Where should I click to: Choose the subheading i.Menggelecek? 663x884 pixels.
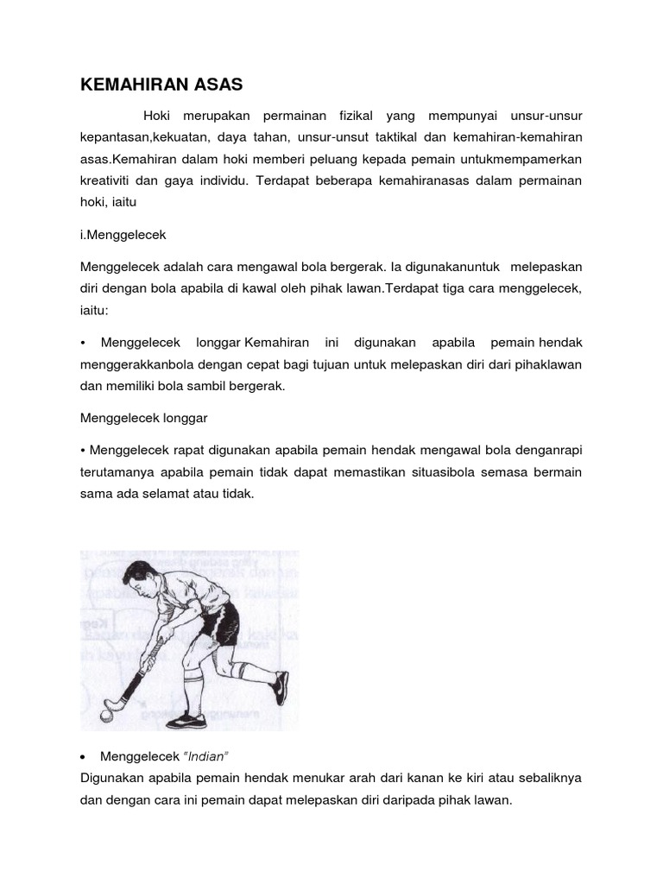123,233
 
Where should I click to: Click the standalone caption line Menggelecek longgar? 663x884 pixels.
145,417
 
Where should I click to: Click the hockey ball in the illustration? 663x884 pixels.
106,716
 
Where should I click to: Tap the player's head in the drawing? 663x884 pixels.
139,574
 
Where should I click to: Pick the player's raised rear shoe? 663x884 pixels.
278,688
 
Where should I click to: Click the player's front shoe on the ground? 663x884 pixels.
185,720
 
